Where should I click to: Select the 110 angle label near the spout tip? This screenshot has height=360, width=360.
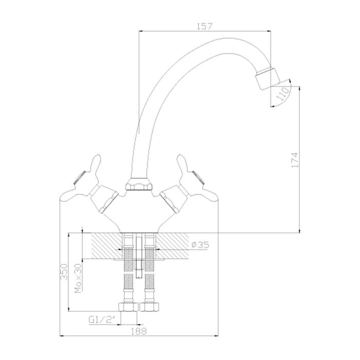tap(281, 94)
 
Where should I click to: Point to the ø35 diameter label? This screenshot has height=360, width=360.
tap(199, 245)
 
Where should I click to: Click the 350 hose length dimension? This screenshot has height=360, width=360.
tap(64, 272)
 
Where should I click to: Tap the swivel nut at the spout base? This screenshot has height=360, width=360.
tap(138, 183)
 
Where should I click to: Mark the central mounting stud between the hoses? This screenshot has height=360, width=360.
tap(139, 257)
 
